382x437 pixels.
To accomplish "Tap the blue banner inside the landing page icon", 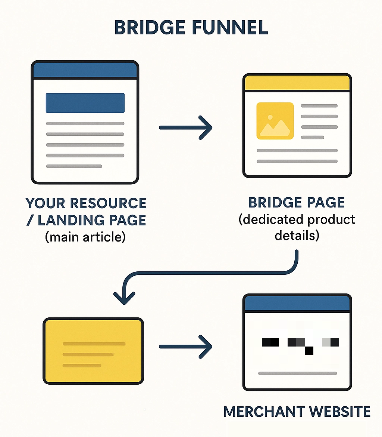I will [85, 103].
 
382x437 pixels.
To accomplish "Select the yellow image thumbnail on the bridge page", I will [275, 121].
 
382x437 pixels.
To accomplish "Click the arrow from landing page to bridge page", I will [185, 127].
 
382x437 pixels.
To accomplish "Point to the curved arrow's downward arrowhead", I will [124, 298].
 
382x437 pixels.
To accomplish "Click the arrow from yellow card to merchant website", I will [185, 347].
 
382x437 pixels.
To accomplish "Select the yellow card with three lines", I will [93, 351].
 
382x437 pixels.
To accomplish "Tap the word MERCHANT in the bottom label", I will [264, 412].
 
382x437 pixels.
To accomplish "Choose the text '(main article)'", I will [85, 237].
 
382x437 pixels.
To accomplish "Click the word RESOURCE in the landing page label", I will [108, 204].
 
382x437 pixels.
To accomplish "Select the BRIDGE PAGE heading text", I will [297, 203].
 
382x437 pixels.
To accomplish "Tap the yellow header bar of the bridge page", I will [297, 83].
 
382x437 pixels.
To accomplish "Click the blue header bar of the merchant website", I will [297, 304].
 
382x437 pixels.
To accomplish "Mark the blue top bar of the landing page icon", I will [85, 70].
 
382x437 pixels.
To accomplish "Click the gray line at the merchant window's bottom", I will [297, 373].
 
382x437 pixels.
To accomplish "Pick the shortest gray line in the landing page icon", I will [74, 166].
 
